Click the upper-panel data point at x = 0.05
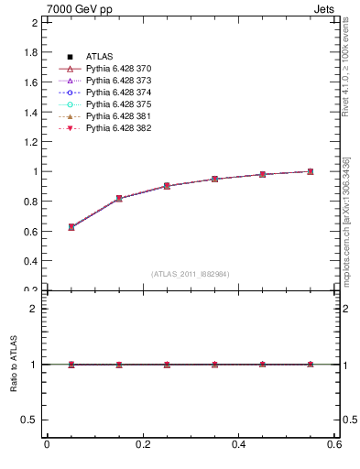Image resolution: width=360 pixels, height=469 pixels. (x=71, y=226)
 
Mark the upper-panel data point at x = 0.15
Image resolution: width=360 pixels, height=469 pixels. (x=119, y=199)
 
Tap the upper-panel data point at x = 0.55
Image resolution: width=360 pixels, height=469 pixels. (x=311, y=171)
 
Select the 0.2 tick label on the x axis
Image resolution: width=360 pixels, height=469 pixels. (x=142, y=445)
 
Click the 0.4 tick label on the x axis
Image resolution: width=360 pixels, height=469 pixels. (x=238, y=445)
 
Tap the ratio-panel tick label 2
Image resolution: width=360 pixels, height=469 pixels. (x=34, y=309)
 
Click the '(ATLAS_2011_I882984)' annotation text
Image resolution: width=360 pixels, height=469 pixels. (x=190, y=274)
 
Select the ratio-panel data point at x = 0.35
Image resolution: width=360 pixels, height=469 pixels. (x=214, y=365)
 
